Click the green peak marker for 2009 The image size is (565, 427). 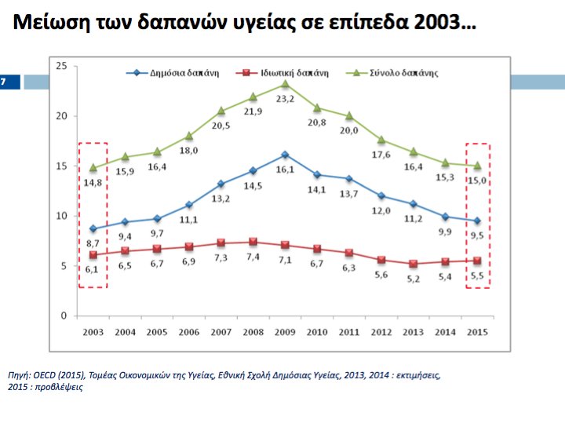(x=285, y=83)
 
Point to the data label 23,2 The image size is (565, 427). (x=285, y=99)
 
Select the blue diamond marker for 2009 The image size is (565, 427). (x=285, y=155)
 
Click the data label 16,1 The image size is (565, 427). (x=285, y=170)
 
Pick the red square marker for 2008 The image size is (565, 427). (x=253, y=242)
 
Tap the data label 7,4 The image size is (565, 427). (x=253, y=257)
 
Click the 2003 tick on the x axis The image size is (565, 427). (x=93, y=332)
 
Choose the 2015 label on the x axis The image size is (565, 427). (x=476, y=332)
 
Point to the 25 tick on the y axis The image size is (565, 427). (x=61, y=66)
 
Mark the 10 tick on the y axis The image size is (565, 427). (x=61, y=216)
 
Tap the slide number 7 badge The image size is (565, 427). (x=4, y=81)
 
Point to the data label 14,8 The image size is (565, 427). (x=93, y=182)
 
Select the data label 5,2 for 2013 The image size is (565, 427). (x=413, y=278)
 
